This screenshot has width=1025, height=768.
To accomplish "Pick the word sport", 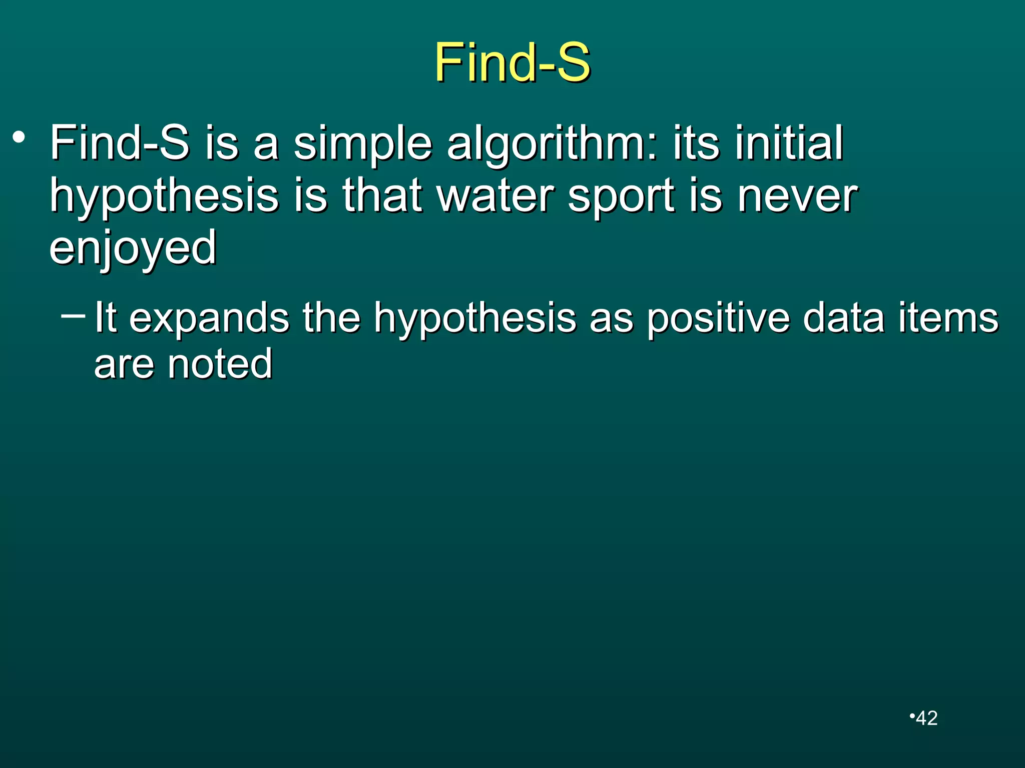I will coord(622,196).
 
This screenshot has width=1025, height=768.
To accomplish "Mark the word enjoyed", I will coord(133,248).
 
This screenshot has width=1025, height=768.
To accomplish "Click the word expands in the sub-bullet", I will coord(209,318).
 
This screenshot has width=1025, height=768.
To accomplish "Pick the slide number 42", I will coord(926,718).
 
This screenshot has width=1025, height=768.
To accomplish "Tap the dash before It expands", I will coord(73,315).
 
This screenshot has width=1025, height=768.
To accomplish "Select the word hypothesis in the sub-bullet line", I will coord(475,318).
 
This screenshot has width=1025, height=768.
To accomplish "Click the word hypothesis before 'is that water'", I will coord(164,196).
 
